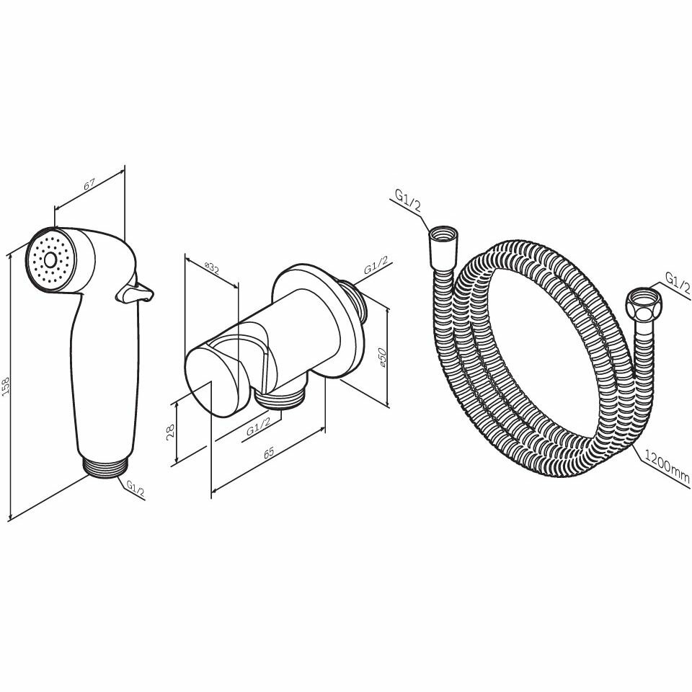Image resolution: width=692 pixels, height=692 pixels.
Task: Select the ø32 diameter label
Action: point(212,268)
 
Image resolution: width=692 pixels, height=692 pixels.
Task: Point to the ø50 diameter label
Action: point(383,356)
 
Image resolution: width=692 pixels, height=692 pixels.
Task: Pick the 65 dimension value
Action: point(269,453)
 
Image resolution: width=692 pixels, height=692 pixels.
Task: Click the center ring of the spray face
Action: point(50,260)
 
